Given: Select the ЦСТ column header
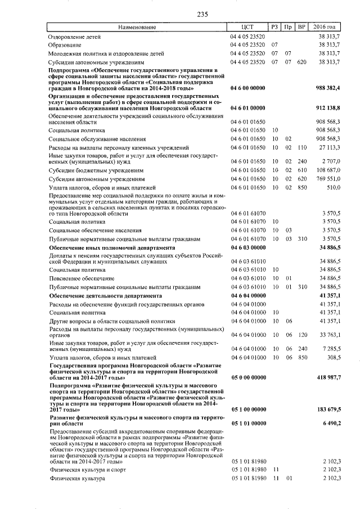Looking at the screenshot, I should coord(247,26).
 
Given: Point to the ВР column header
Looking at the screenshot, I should coord(301,26).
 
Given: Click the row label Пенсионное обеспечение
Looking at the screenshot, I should coord(77,278).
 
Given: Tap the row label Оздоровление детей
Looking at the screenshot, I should coord(74,36).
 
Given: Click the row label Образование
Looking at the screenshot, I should coord(65,44).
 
